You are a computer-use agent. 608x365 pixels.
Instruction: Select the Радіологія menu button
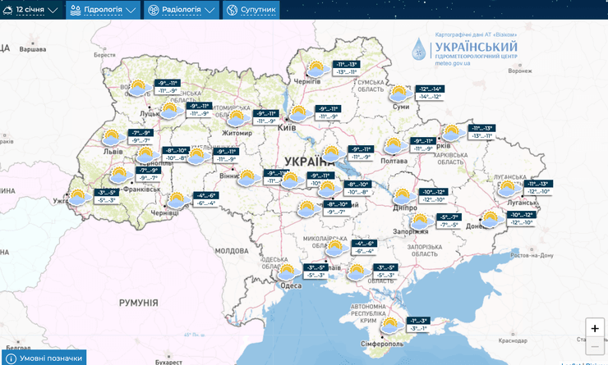[x=182, y=10]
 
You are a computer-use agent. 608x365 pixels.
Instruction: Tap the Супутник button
[x=251, y=10]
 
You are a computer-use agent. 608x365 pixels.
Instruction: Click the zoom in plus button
[x=595, y=328]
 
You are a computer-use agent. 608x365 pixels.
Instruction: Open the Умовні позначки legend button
[x=44, y=358]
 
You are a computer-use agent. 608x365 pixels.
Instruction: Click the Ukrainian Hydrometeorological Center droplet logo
[x=420, y=49]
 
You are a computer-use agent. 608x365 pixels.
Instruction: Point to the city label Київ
[x=288, y=128]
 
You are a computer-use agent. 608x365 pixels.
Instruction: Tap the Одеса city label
[x=292, y=285]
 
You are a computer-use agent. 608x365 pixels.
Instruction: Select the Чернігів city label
[x=306, y=81]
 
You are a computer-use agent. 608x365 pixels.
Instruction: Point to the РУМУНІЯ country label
[x=138, y=303]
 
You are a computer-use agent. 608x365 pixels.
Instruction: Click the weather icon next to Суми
[x=399, y=93]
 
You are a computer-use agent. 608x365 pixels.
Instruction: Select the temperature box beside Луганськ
[x=533, y=187]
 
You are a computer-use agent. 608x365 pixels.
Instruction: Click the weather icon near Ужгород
[x=79, y=197]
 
